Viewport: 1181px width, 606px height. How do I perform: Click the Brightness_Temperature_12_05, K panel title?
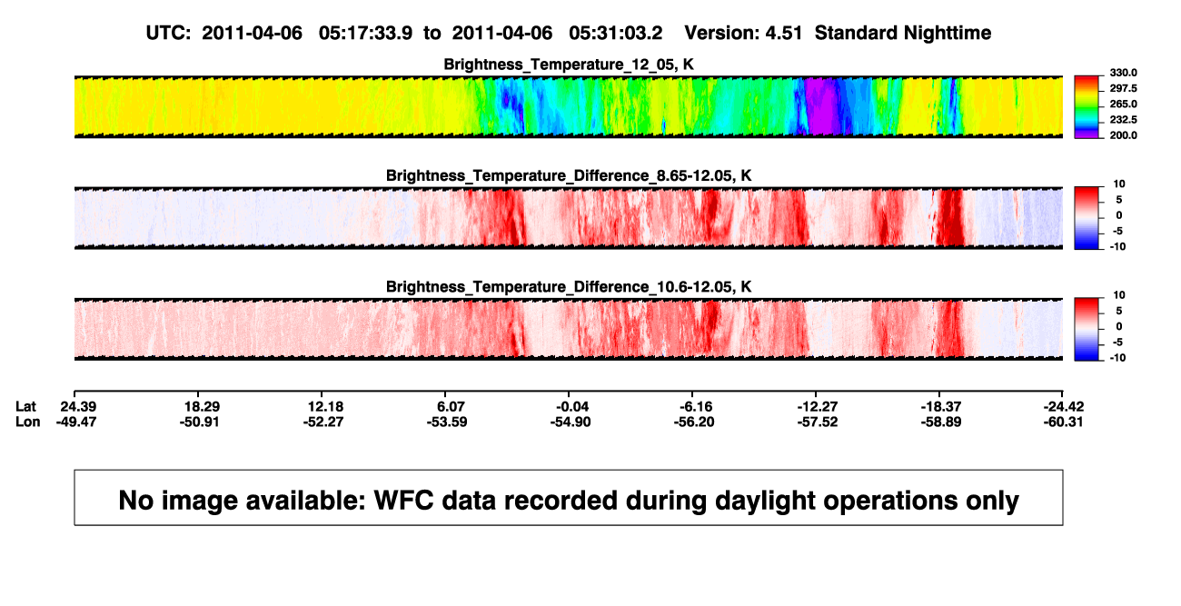(x=569, y=65)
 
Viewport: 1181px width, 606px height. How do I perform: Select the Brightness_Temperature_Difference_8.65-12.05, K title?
(x=569, y=175)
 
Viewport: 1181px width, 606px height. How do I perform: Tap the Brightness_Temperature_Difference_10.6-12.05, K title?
(x=569, y=287)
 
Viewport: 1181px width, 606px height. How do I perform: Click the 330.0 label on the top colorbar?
(x=1123, y=73)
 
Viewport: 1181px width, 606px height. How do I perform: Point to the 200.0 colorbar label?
(x=1123, y=135)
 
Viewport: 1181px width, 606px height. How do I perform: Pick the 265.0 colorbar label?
(x=1123, y=104)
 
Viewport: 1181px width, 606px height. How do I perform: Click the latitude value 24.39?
(x=78, y=407)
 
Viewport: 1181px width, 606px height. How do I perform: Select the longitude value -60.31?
(x=1063, y=422)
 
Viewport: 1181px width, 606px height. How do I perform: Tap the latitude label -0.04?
(x=571, y=407)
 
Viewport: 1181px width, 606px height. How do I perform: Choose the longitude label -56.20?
(x=694, y=422)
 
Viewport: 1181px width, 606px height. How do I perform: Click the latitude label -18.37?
(x=941, y=407)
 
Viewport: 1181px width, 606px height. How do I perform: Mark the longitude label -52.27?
(x=323, y=422)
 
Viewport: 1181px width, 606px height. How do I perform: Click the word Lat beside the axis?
(x=25, y=407)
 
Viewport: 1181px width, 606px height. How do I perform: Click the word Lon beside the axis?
(x=28, y=422)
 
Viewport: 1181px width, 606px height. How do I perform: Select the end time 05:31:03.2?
(x=615, y=33)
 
